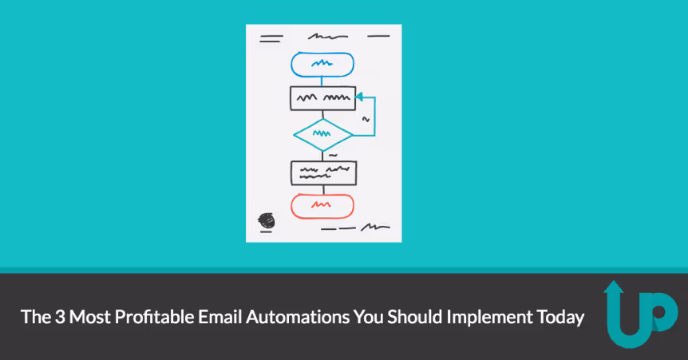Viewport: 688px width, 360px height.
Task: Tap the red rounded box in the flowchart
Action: pos(322,205)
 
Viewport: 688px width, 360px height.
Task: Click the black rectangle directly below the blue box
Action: pos(322,97)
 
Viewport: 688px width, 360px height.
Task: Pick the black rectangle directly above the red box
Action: pos(322,172)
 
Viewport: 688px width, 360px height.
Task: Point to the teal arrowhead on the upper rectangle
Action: pos(358,97)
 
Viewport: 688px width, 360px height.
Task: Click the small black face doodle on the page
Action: pos(267,220)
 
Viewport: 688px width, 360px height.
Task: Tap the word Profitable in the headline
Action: pos(151,317)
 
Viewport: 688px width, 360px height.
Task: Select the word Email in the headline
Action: pos(218,317)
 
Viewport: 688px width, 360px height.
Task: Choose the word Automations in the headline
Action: pos(296,317)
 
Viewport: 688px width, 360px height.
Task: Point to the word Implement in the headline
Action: pos(488,317)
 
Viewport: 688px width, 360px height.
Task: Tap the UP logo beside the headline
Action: pos(639,316)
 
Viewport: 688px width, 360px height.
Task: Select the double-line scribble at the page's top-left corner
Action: pos(271,38)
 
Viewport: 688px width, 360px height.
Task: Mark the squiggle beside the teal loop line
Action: pos(366,119)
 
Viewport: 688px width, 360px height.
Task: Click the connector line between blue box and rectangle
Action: pos(322,79)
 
